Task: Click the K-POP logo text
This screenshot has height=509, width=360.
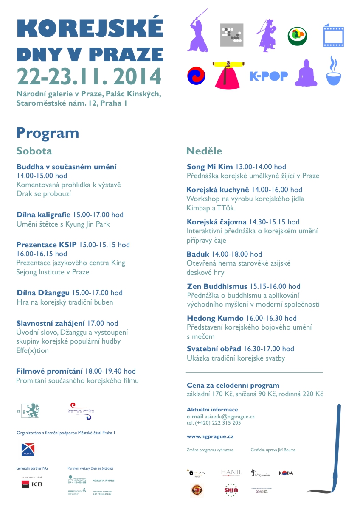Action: [x=268, y=76]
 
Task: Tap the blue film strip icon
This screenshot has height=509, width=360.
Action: [x=333, y=36]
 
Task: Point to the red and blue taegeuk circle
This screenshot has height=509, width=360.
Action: [x=196, y=76]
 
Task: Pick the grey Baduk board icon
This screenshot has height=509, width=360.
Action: [x=231, y=35]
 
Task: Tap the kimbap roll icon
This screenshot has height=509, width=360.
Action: [x=298, y=36]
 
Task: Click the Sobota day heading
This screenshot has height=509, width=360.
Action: [x=34, y=151]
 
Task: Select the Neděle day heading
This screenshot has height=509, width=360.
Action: [x=204, y=151]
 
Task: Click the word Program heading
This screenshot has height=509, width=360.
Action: [x=48, y=133]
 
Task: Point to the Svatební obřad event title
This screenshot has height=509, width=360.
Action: [x=214, y=349]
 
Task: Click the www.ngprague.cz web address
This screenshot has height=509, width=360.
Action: [x=210, y=436]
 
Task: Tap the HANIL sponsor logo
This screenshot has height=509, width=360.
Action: [x=231, y=473]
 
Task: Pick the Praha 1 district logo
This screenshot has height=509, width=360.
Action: [x=28, y=450]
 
